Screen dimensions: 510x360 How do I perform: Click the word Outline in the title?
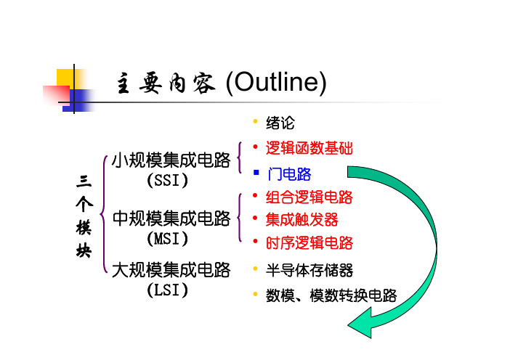277,81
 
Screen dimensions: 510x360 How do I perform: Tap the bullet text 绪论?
280,123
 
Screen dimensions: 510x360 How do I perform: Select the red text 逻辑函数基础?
309,148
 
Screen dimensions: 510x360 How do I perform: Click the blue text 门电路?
289,174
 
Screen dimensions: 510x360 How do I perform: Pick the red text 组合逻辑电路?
309,197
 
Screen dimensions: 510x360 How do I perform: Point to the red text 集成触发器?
301,220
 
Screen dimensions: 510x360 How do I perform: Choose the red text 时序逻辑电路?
309,243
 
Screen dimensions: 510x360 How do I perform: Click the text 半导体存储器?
309,270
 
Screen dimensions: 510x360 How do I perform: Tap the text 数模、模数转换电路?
331,295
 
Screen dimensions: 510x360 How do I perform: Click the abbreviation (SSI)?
168,180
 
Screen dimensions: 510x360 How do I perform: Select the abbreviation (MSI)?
168,239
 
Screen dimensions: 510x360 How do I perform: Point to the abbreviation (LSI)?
168,290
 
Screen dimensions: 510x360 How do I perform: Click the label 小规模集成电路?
171,160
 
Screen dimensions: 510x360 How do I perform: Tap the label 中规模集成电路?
171,218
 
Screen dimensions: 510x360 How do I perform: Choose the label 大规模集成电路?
171,270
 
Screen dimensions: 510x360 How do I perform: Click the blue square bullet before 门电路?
256,173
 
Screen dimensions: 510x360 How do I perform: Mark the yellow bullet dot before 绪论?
255,121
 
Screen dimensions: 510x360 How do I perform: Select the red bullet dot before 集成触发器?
255,218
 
